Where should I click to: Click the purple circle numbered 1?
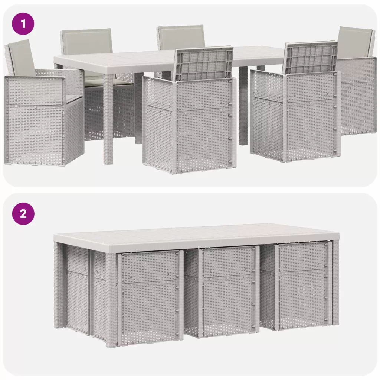pyautogui.click(x=23, y=24)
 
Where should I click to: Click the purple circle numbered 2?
pyautogui.click(x=23, y=214)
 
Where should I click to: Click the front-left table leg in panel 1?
pyautogui.click(x=108, y=119)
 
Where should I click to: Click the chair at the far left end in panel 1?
pyautogui.click(x=44, y=104)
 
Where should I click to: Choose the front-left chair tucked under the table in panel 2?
pyautogui.click(x=150, y=297)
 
